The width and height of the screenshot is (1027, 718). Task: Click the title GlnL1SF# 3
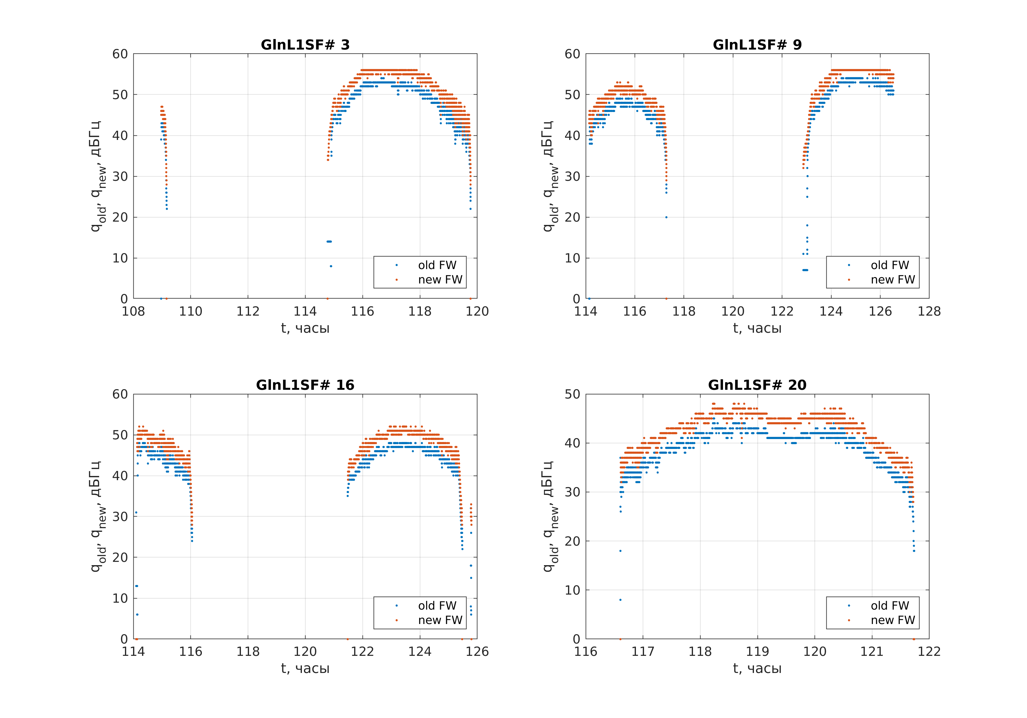click(x=305, y=45)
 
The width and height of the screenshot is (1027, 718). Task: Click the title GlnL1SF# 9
click(x=757, y=45)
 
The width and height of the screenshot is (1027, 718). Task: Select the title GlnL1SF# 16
click(x=305, y=385)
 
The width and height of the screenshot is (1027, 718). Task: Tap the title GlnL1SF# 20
click(x=757, y=385)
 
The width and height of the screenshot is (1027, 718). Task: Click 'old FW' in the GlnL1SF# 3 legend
click(x=437, y=265)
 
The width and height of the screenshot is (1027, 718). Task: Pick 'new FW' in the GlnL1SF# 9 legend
click(x=892, y=279)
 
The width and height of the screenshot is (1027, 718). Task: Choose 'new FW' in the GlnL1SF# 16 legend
click(x=440, y=620)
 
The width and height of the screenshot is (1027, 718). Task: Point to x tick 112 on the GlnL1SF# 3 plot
click(x=248, y=311)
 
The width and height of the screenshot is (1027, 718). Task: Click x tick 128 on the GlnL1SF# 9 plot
click(x=929, y=311)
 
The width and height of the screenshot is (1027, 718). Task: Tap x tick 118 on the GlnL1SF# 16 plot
click(x=248, y=651)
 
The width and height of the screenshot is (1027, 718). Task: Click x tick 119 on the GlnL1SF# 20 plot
click(x=757, y=651)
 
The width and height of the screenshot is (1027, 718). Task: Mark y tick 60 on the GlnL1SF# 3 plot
click(x=120, y=54)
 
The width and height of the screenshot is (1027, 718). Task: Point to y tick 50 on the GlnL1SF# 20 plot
click(x=572, y=394)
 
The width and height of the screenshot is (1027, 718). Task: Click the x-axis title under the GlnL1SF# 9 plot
click(x=757, y=328)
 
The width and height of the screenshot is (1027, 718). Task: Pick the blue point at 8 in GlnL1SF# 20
click(x=620, y=599)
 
